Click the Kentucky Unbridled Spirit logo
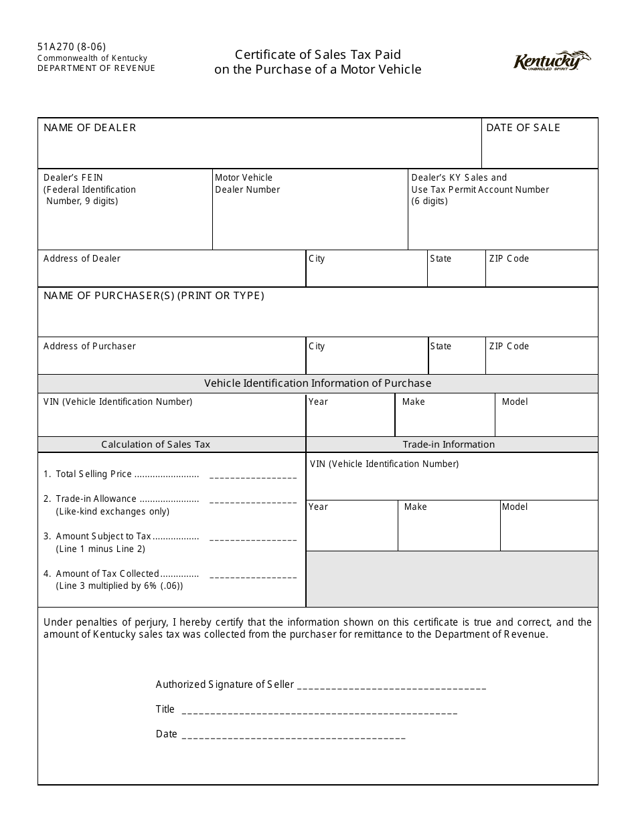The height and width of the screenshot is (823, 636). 552,61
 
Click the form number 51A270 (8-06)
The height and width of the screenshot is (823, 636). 71,47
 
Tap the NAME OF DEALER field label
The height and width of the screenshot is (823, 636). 90,128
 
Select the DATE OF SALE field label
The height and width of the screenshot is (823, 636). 523,128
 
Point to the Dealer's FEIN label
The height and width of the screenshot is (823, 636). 74,178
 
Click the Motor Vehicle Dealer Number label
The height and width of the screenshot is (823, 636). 247,183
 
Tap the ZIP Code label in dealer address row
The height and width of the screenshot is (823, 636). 509,259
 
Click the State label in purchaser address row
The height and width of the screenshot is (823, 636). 441,347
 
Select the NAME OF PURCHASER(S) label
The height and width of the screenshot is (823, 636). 154,296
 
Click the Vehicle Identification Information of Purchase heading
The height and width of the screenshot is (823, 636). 317,383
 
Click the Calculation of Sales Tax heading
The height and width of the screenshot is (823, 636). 155,444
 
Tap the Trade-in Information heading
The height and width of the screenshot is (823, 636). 449,444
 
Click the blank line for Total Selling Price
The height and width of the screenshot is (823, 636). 252,476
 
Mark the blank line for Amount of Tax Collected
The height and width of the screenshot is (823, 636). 252,576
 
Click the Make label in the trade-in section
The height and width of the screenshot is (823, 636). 415,507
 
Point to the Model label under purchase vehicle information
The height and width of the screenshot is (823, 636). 515,402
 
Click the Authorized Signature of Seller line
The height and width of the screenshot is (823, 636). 391,687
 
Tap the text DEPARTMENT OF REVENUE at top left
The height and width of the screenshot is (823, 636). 96,68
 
